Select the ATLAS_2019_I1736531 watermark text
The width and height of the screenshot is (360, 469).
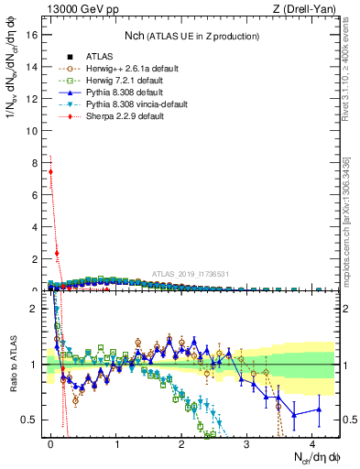click(x=191, y=274)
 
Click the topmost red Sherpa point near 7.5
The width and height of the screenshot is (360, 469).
click(x=50, y=171)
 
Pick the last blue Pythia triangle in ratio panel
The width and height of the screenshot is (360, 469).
click(x=319, y=409)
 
